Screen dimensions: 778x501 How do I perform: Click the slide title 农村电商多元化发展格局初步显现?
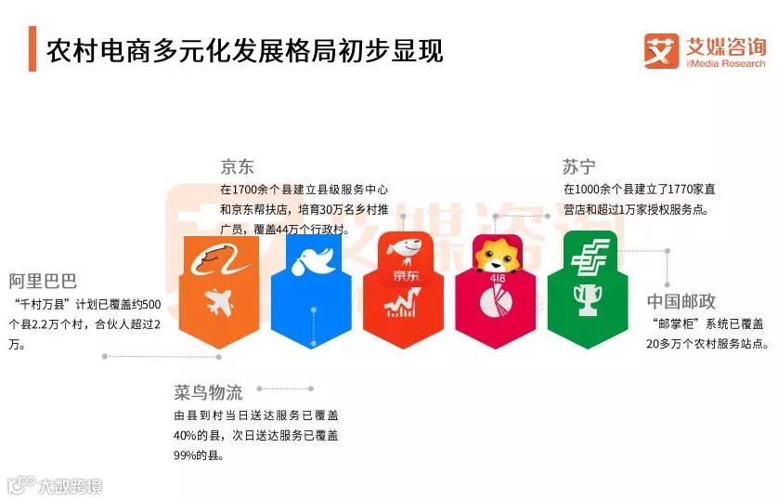pyautogui.click(x=246, y=48)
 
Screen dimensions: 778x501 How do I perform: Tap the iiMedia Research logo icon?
pyautogui.click(x=662, y=50)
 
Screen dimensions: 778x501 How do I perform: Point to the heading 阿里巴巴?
pyautogui.click(x=43, y=281)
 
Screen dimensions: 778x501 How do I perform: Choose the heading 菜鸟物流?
pyautogui.click(x=207, y=391)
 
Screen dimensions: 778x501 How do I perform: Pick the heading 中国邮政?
pyautogui.click(x=681, y=302)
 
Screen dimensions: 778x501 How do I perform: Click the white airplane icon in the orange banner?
pyautogui.click(x=219, y=302)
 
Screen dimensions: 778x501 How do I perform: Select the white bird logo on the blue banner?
pyautogui.click(x=311, y=260)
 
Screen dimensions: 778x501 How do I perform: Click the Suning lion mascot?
pyautogui.click(x=493, y=256)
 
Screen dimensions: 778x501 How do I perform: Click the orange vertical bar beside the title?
pyautogui.click(x=32, y=48)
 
